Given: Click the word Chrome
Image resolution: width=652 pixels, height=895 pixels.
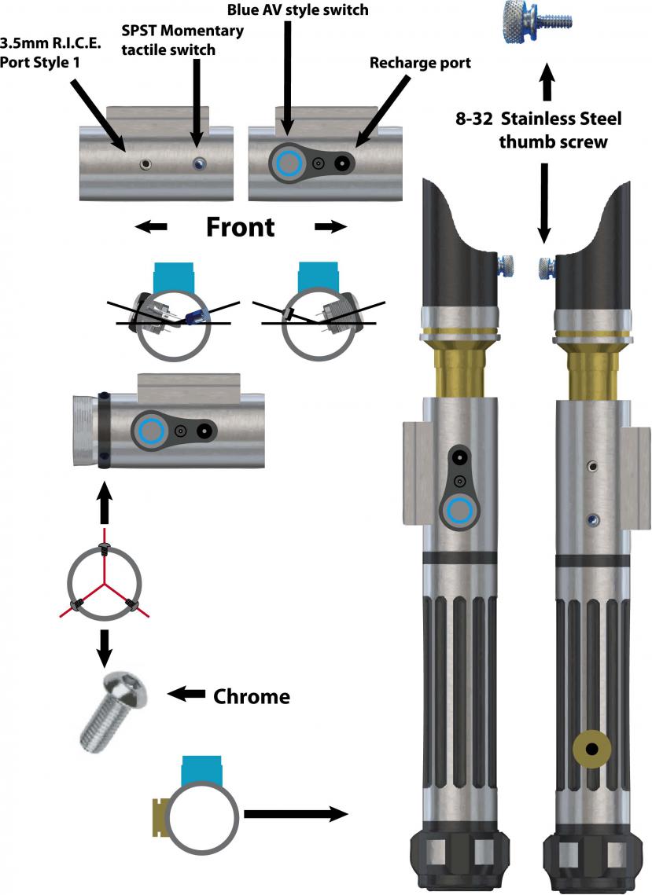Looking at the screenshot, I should pos(252,696).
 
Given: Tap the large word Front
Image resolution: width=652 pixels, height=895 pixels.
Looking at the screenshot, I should pos(240,227).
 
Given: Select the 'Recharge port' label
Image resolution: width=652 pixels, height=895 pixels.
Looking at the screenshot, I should pos(420,63).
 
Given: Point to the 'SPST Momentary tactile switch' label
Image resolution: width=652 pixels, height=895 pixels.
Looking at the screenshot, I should pos(182,39).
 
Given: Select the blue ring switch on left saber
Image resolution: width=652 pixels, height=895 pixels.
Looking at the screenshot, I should pos(459,513).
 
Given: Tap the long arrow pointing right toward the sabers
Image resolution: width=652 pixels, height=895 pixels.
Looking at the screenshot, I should pos(296,813).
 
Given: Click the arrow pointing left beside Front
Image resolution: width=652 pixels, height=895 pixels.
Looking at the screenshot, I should pos(150,227).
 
